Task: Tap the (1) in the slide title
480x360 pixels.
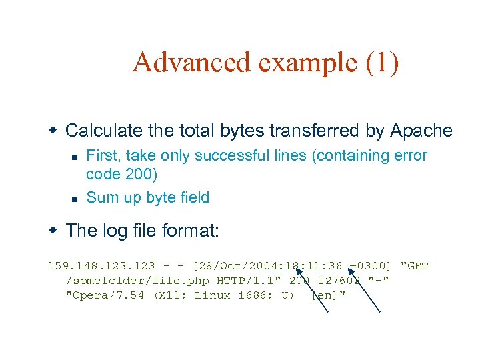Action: pyautogui.click(x=382, y=63)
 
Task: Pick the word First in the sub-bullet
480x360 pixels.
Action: pyautogui.click(x=101, y=156)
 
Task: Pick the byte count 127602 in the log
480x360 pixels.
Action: pyautogui.click(x=339, y=281)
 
